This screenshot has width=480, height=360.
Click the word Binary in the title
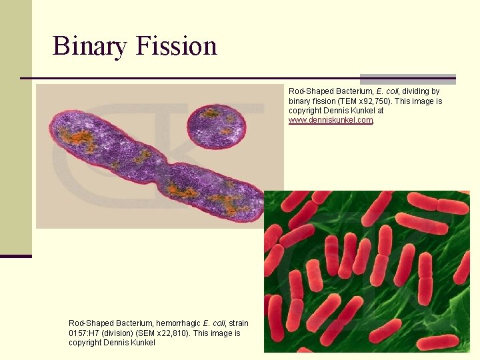click(90, 46)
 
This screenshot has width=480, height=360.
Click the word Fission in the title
click(176, 46)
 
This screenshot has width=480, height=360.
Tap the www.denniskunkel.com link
click(330, 120)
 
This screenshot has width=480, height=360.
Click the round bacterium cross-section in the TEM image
click(215, 125)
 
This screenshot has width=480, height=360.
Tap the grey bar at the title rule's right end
click(407, 79)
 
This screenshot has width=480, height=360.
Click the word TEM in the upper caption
click(348, 101)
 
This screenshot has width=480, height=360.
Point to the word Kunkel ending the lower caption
click(143, 342)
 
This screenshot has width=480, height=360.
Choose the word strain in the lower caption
click(237, 323)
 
